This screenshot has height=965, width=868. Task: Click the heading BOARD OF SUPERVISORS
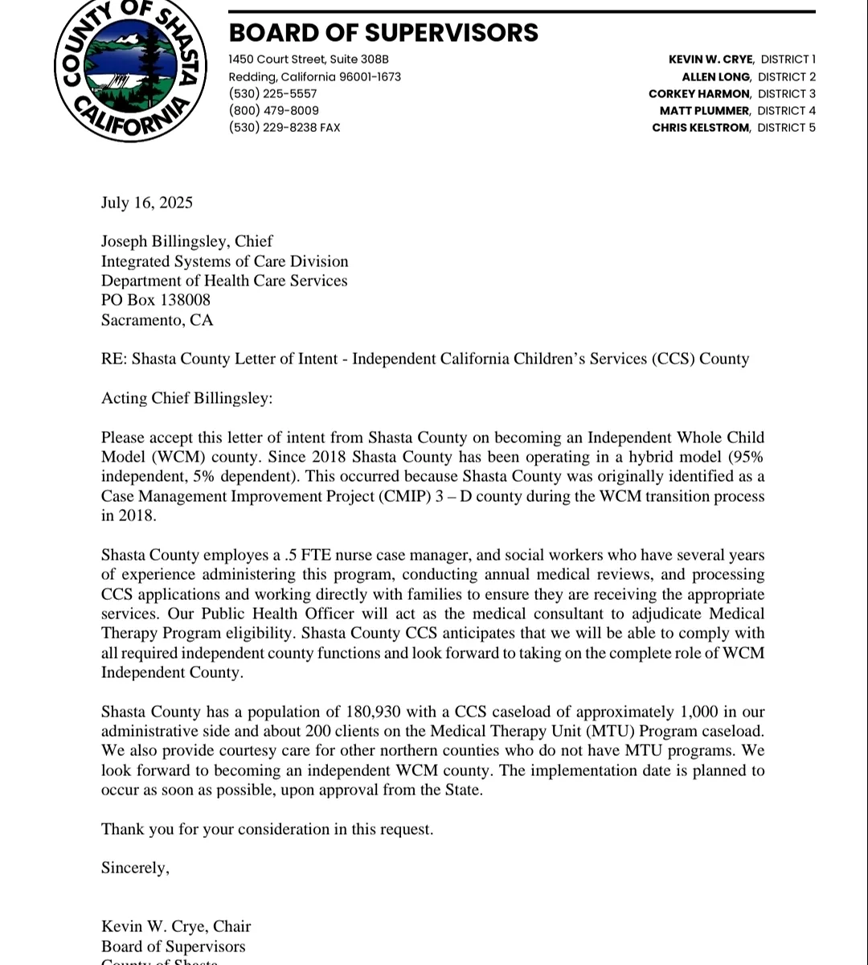coord(383,33)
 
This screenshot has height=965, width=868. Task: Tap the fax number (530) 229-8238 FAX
coord(285,128)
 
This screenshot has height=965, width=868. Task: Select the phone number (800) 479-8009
coord(273,111)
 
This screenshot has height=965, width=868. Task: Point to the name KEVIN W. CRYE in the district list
coord(710,60)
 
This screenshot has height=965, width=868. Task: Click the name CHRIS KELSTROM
coord(701,128)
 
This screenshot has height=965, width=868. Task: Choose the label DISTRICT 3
coord(786,94)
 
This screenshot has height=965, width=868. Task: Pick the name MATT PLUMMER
coord(705,111)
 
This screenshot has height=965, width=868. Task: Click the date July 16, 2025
coord(146,203)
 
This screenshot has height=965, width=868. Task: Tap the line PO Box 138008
coord(156,300)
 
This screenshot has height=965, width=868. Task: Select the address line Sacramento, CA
coord(157,320)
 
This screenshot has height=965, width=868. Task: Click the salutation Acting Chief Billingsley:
coord(186,398)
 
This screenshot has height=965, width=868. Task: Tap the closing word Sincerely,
coord(135,868)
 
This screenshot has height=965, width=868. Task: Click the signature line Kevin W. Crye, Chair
coord(176,926)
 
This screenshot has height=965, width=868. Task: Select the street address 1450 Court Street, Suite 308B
coord(309,60)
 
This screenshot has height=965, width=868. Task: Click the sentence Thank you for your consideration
coord(267,829)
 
